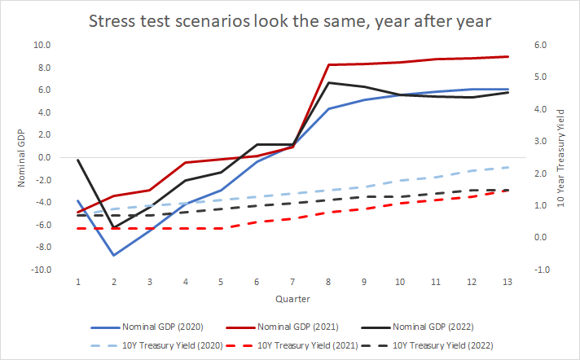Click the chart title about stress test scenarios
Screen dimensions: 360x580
[x=289, y=20]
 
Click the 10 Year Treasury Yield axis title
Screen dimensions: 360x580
[x=560, y=157]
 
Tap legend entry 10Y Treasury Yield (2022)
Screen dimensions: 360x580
[x=431, y=345]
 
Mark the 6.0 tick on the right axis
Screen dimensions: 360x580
[x=538, y=45]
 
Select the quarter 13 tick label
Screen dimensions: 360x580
[x=507, y=281]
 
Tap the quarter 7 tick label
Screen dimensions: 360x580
[x=292, y=281]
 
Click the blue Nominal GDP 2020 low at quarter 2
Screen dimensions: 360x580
[x=114, y=255]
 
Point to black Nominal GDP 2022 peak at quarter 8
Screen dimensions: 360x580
[x=328, y=82]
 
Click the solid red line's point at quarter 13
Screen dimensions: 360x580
[x=507, y=56]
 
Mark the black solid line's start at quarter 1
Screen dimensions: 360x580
[x=78, y=160]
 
